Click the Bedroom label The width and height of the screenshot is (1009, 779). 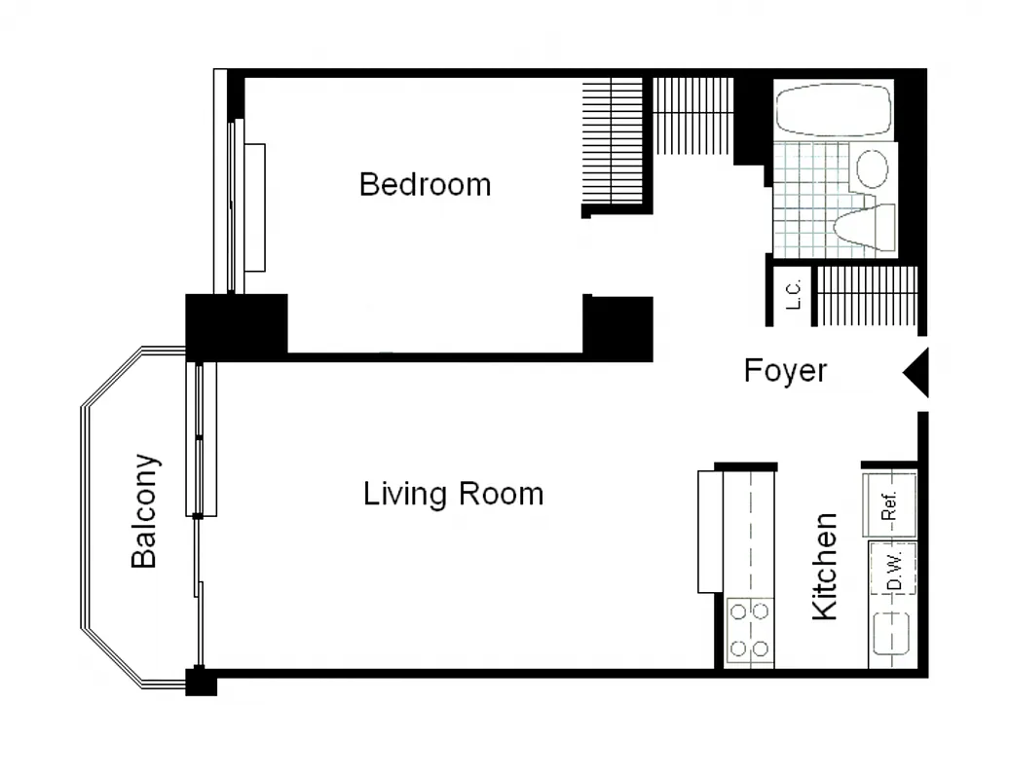[425, 184]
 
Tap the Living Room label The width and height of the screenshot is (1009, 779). [453, 494]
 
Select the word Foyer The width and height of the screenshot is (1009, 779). [785, 371]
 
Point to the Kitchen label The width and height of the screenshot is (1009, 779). [824, 567]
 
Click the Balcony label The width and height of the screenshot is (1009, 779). [144, 510]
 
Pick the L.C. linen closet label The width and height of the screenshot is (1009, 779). [793, 295]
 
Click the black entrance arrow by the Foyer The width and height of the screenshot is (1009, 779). [916, 373]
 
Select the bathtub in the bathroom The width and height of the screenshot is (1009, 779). [835, 109]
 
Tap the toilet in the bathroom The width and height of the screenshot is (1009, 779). [866, 227]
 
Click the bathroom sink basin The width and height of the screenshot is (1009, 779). [872, 168]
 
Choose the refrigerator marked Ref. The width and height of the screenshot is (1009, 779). [890, 503]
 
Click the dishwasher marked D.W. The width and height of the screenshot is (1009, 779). [894, 570]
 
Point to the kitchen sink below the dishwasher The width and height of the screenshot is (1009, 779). [891, 634]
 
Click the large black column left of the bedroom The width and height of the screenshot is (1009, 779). [237, 325]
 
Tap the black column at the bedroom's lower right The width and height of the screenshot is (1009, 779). [617, 327]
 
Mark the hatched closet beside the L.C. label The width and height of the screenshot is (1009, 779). [866, 295]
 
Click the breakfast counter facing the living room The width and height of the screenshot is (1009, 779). [712, 531]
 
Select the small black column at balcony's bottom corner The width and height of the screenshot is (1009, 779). [201, 681]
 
